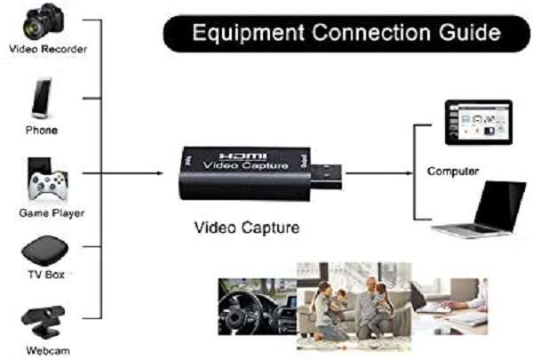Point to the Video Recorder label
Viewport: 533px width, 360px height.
click(x=48, y=49)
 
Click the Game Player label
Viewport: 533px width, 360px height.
click(x=45, y=213)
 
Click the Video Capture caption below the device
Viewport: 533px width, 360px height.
click(x=246, y=228)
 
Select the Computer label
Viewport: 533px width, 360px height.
click(x=453, y=171)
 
